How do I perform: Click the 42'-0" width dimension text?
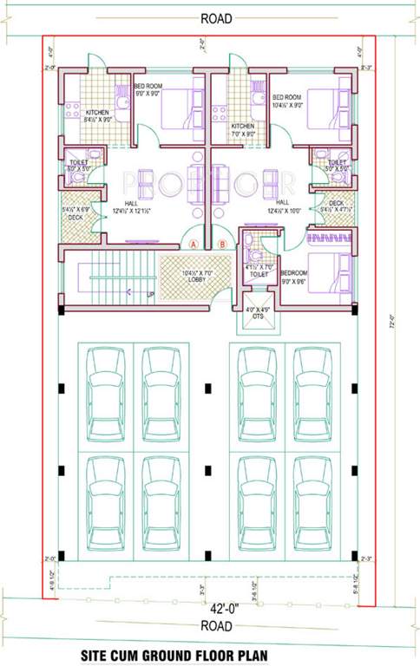point(209,609)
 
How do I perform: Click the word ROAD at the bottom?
point(211,625)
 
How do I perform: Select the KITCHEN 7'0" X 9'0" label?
point(243,130)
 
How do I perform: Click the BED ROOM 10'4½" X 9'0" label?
point(286,101)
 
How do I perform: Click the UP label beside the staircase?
point(151,294)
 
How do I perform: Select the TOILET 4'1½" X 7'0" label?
point(259,270)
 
